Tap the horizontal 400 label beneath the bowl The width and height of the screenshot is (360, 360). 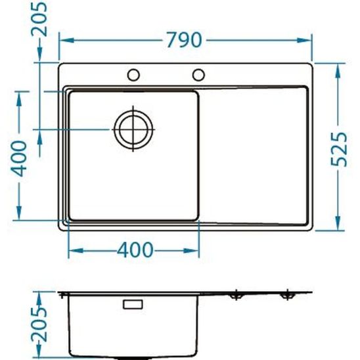(x=135, y=250)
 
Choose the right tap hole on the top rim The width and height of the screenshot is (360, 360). (x=198, y=73)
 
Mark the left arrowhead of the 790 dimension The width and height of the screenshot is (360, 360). (x=64, y=40)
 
